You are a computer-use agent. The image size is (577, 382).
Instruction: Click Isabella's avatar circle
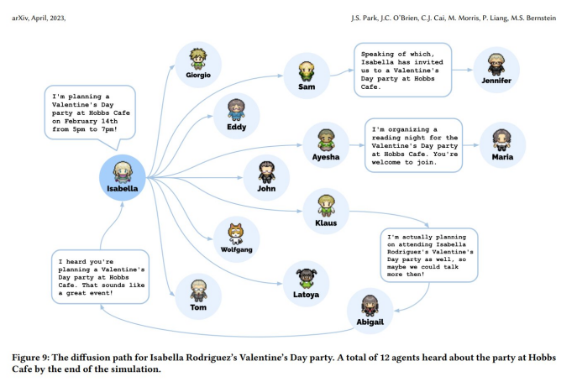tap(123, 174)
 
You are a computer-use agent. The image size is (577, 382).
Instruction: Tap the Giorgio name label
tap(198, 76)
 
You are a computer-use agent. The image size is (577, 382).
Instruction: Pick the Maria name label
tap(502, 156)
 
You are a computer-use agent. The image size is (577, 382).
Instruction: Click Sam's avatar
tap(306, 70)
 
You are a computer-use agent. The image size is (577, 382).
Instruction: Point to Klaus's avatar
tap(326, 205)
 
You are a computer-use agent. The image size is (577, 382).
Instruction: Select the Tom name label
tap(198, 308)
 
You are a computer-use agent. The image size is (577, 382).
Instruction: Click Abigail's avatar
tap(370, 306)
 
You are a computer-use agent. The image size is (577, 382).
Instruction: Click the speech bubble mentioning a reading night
tap(413, 144)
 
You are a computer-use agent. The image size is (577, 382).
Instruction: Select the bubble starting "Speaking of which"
tap(401, 69)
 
